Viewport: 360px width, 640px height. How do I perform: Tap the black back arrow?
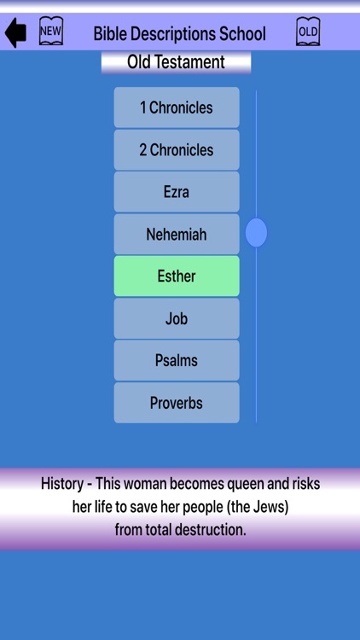pyautogui.click(x=15, y=33)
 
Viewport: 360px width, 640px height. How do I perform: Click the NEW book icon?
pyautogui.click(x=51, y=32)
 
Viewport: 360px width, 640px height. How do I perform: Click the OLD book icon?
pyautogui.click(x=308, y=32)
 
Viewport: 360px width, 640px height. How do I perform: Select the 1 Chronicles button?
pyautogui.click(x=177, y=108)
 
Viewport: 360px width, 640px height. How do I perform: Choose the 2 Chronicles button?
pyautogui.click(x=177, y=150)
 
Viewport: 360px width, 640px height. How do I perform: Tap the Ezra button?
pyautogui.click(x=177, y=192)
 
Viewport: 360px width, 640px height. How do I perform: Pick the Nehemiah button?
pyautogui.click(x=177, y=234)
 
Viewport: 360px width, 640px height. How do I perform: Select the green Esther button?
pyautogui.click(x=177, y=276)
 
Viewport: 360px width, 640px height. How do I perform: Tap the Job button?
pyautogui.click(x=177, y=318)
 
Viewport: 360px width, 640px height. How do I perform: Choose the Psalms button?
pyautogui.click(x=177, y=360)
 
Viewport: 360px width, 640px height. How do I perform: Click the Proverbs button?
pyautogui.click(x=177, y=403)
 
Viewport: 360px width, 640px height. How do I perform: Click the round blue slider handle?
pyautogui.click(x=256, y=233)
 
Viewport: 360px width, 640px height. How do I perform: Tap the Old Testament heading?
pyautogui.click(x=176, y=62)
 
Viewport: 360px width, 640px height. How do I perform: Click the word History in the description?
pyautogui.click(x=63, y=484)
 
